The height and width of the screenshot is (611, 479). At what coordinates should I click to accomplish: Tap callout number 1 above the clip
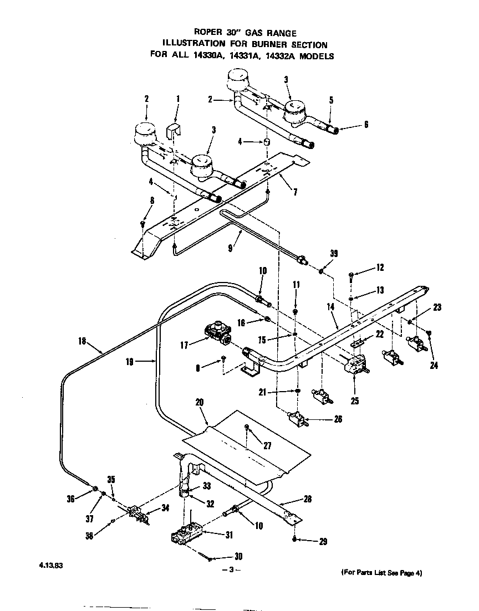[178, 99]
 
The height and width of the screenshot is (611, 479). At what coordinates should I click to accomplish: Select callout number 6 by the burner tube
[365, 125]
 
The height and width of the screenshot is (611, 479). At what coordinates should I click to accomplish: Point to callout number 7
[295, 192]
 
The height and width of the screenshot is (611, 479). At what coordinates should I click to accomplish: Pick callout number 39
[333, 253]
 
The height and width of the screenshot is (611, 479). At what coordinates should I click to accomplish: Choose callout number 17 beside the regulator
[184, 345]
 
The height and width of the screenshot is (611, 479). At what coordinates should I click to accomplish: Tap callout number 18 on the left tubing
[81, 342]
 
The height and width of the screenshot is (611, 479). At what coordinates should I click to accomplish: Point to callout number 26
[338, 419]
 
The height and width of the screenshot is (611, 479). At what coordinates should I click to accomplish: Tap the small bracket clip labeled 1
[172, 130]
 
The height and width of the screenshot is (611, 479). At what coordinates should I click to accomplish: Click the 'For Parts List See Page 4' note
[384, 573]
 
